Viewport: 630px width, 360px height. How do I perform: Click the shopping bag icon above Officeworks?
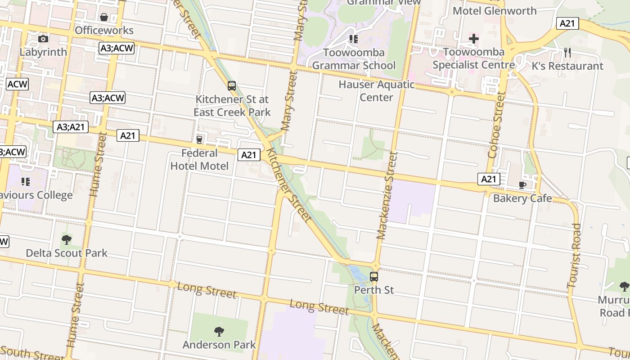(104, 17)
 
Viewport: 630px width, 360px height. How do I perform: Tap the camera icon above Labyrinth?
(43, 39)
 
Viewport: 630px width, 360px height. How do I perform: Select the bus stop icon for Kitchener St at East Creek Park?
(232, 85)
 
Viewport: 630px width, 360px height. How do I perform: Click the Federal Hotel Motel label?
(199, 159)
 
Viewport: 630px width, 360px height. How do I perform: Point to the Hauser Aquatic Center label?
(376, 91)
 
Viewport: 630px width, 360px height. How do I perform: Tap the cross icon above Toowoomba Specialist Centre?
(473, 39)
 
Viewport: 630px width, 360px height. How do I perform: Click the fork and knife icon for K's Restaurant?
(567, 53)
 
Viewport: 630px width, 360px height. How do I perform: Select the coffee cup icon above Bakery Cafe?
(522, 185)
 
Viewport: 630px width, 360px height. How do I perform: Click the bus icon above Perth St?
(374, 276)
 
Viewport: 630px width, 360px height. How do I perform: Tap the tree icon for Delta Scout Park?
(67, 239)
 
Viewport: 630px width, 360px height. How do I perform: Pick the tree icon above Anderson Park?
(219, 332)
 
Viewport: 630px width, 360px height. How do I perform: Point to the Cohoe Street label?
(497, 125)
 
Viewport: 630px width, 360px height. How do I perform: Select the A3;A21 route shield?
(71, 127)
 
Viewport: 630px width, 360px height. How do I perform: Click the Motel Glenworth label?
(495, 11)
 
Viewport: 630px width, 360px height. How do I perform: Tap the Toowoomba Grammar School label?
(354, 59)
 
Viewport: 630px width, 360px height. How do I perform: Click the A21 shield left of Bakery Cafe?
(488, 179)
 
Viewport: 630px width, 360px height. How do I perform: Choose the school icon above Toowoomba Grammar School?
(354, 39)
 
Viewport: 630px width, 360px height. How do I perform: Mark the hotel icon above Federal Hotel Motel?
(199, 140)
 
